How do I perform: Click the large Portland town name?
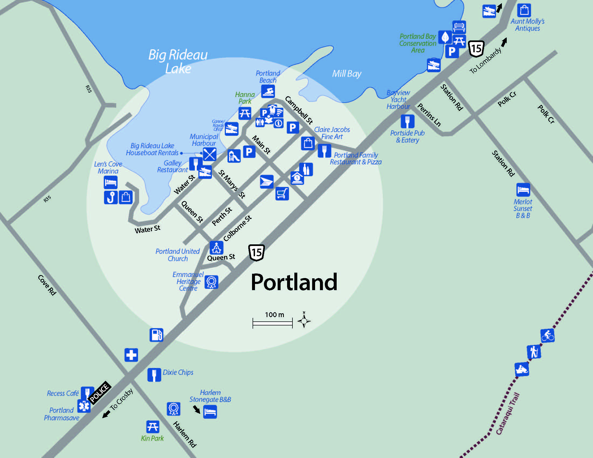[x=294, y=282]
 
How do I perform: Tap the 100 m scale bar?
[x=272, y=323]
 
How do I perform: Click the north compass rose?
[x=304, y=321]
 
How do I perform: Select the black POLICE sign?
[x=99, y=393]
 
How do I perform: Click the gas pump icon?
[x=156, y=335]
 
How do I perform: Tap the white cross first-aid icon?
[x=131, y=355]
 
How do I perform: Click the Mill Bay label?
[x=346, y=74]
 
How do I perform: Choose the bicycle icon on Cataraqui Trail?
[x=547, y=336]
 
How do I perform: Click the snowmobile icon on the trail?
[x=522, y=369]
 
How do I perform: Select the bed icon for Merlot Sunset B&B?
[x=523, y=190]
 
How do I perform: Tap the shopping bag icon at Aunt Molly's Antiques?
[x=524, y=10]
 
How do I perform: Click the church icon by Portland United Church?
[x=216, y=248]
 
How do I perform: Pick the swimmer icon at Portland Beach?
[x=268, y=91]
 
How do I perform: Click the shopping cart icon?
[x=282, y=193]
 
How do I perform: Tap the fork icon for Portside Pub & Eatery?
[x=407, y=121]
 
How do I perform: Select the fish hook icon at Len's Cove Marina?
[x=111, y=197]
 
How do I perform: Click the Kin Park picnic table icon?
[x=153, y=427]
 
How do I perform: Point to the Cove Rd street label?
[x=47, y=285]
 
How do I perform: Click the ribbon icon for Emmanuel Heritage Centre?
[x=211, y=282]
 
